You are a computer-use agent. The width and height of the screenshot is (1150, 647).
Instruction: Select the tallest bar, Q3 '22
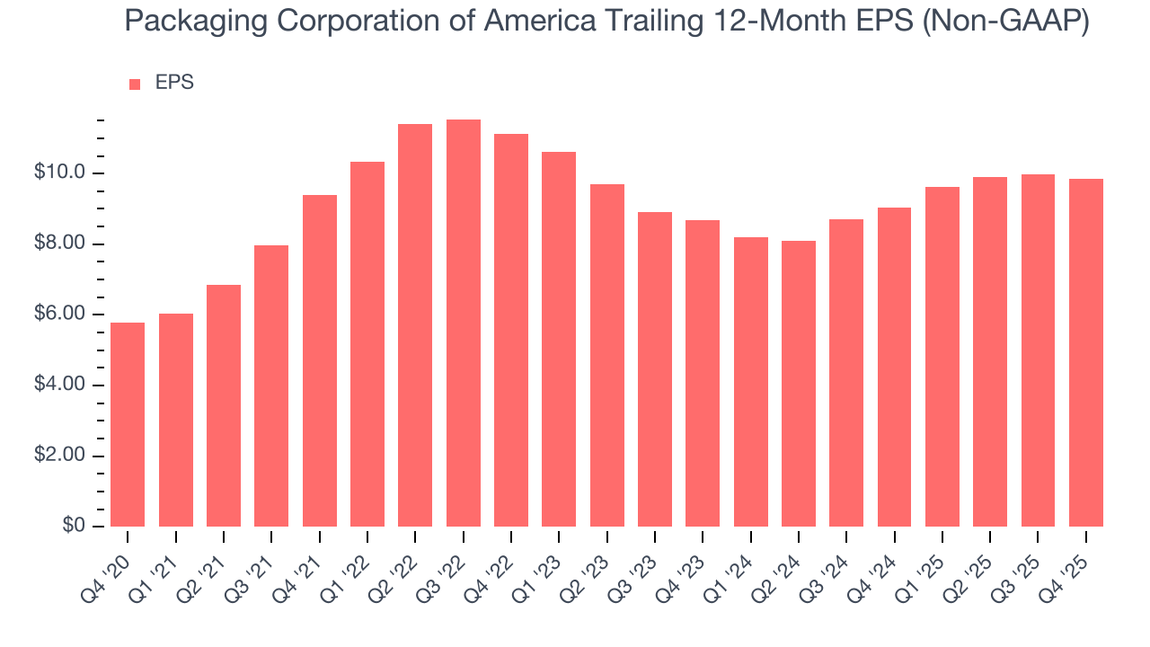(x=463, y=323)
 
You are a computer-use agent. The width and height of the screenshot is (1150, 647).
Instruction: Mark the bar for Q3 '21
(x=271, y=386)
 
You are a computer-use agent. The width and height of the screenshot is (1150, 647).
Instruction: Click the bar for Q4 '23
(x=703, y=373)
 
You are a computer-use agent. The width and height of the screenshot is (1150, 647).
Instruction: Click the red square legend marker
(x=135, y=84)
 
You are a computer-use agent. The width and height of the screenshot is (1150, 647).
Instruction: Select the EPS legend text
(x=174, y=83)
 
